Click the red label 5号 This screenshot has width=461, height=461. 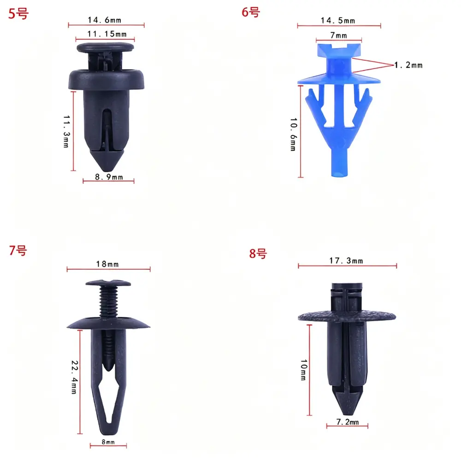[18, 14]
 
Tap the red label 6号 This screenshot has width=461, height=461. [251, 12]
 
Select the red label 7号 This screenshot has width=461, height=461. [18, 250]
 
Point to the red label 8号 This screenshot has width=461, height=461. [258, 254]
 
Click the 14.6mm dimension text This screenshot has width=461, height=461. [104, 20]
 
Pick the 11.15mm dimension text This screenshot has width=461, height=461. [107, 34]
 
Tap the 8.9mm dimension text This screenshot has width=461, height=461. [109, 177]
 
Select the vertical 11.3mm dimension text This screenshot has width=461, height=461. [66, 131]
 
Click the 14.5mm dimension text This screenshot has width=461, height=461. [338, 21]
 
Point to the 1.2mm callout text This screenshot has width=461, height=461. [408, 65]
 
